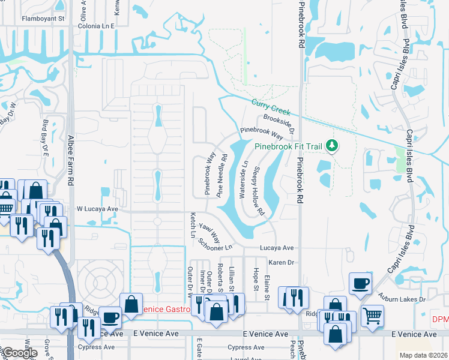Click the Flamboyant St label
[x=43, y=19]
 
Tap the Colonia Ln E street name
[x=95, y=26]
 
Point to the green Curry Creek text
[x=271, y=107]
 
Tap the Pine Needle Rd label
[x=223, y=176]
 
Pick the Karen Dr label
[x=280, y=262]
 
